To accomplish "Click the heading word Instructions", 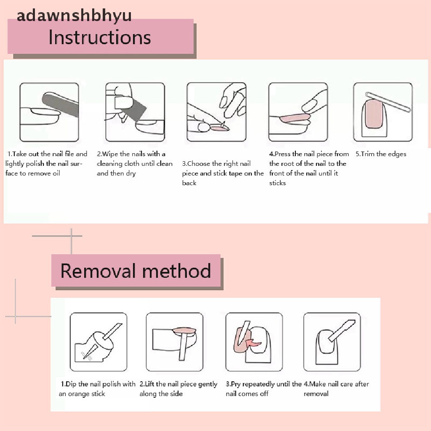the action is tap(99, 37).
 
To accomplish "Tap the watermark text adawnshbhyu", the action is tap(74, 16).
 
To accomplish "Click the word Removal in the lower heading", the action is tap(98, 271).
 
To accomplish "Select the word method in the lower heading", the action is tap(176, 271).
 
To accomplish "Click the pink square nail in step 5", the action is tap(373, 114).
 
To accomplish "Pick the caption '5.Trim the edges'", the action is tap(380, 154).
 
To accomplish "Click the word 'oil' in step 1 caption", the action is tap(56, 173).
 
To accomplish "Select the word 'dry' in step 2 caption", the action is tap(131, 174).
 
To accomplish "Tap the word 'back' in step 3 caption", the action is tap(189, 183).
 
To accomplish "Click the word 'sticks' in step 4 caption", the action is tap(277, 183).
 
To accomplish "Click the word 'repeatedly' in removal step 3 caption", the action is tap(258, 384).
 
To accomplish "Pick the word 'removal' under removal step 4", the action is tap(316, 394).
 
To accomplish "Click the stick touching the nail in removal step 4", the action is tap(342, 330).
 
